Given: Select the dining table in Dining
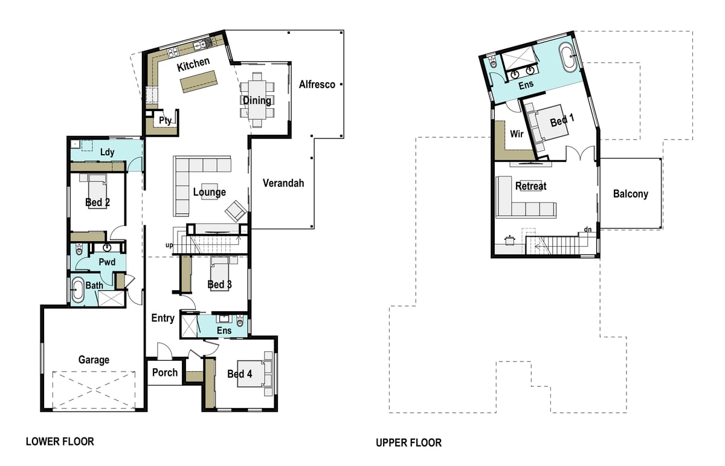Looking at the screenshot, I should (x=257, y=100).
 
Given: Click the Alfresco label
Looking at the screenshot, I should (x=317, y=85).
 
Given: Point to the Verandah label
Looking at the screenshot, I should (x=283, y=183).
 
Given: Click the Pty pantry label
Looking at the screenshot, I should (x=165, y=120).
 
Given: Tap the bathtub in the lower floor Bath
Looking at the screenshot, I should (x=78, y=290).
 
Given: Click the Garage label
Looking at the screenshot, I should (x=94, y=360).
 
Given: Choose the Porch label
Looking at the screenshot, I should (x=164, y=372).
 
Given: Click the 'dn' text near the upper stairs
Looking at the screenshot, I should (x=587, y=229).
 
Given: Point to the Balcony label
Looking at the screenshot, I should (x=630, y=194).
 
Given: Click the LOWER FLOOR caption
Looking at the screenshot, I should (x=60, y=442).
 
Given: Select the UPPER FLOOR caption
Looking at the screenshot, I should (x=408, y=443).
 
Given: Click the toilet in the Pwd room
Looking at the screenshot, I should (x=79, y=250).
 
